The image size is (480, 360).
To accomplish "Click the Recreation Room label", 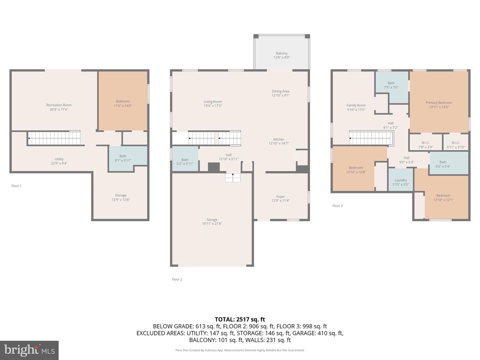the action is tap(59, 105).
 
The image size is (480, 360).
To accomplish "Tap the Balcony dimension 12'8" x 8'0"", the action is tap(281, 57).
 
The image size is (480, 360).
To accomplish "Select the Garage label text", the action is tap(212, 220).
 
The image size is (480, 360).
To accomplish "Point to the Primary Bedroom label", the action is tap(439, 103).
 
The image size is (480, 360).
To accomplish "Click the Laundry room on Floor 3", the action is tap(401, 180).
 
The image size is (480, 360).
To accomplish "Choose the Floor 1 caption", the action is tap(16, 186).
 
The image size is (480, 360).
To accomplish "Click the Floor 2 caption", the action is tap(177, 279).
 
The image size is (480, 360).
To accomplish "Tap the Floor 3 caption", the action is tap(337, 206).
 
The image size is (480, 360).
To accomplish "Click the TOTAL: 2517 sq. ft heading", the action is tap(240, 319).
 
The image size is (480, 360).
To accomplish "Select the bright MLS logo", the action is tap(29, 350).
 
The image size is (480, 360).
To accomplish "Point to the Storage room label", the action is tap(121, 195).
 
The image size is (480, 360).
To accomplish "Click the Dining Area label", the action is tap(281, 91).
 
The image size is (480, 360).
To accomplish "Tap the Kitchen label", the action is tap(279, 139).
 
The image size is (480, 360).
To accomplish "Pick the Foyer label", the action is tap(281, 197).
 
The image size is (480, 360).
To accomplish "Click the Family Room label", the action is tap(356, 105).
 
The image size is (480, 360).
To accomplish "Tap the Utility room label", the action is tap(59, 159).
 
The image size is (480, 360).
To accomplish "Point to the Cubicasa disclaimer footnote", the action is tap(240, 350).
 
